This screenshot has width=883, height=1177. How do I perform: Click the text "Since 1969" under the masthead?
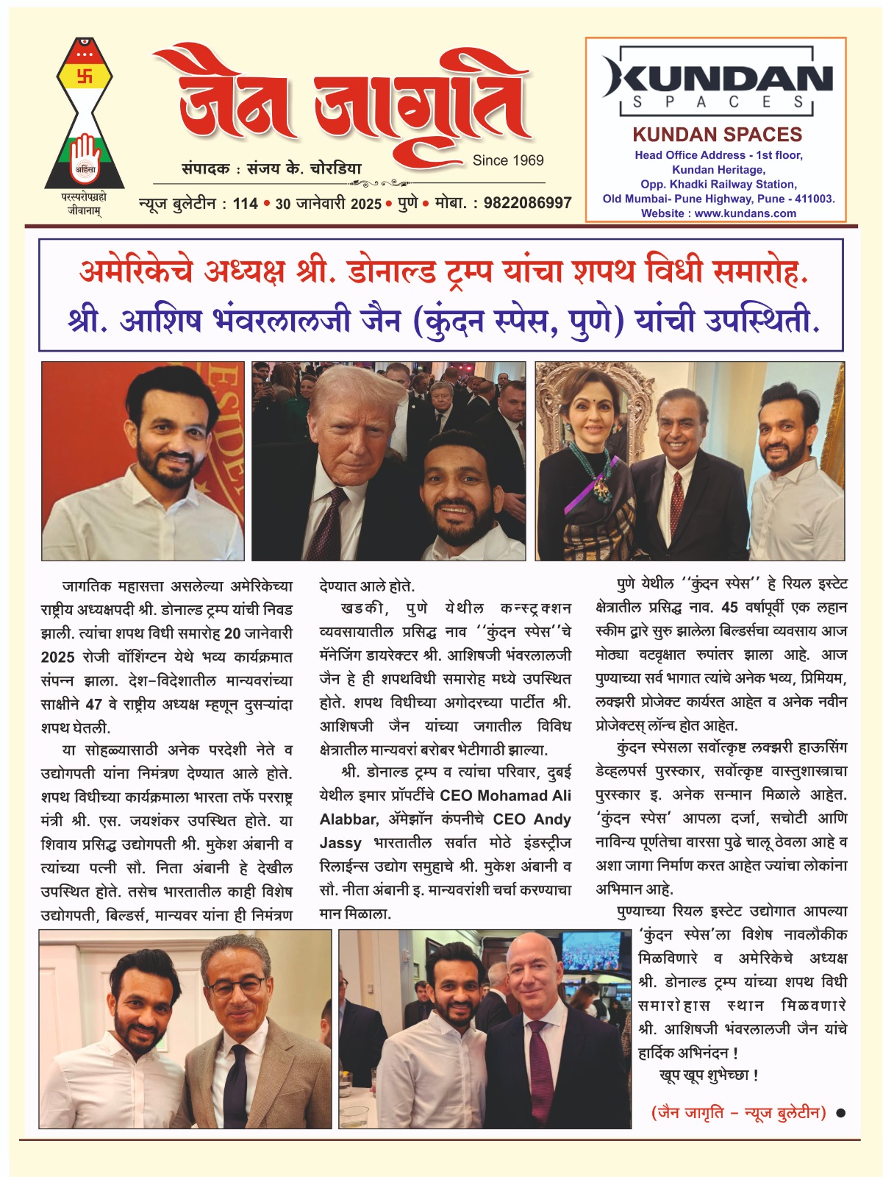(x=508, y=160)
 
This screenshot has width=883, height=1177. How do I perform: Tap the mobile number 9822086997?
(x=527, y=203)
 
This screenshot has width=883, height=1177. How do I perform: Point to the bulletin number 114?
(x=245, y=204)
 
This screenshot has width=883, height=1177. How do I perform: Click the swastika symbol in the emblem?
(x=85, y=75)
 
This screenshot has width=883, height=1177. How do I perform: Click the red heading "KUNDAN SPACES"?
(x=717, y=135)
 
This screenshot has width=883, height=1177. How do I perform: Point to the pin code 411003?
(x=814, y=199)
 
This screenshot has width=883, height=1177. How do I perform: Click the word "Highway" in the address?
(x=712, y=199)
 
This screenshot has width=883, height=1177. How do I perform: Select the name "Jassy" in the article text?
(x=340, y=843)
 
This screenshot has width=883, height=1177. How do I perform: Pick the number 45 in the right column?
(x=729, y=608)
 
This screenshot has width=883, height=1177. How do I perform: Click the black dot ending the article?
(x=840, y=1113)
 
